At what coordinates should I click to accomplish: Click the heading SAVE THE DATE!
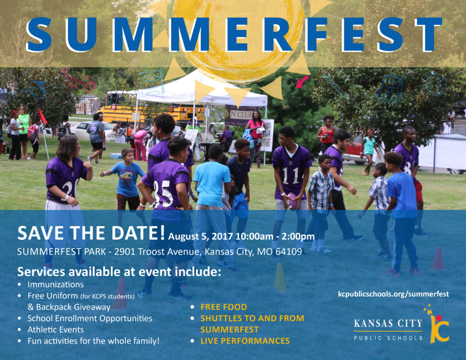point(90,233)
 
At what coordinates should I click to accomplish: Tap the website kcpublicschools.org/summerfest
point(394,294)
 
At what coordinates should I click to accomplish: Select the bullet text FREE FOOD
point(223,307)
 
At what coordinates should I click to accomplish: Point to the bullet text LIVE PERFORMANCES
point(245,341)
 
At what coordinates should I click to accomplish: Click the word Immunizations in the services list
point(56,284)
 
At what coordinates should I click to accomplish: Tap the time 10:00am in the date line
point(254,237)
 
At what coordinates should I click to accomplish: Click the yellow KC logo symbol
point(438,325)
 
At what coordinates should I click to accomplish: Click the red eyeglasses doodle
point(78,80)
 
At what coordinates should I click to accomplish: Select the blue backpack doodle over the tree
point(390,89)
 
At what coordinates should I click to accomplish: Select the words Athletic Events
point(56,330)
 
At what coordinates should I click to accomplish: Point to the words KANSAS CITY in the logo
point(388,323)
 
